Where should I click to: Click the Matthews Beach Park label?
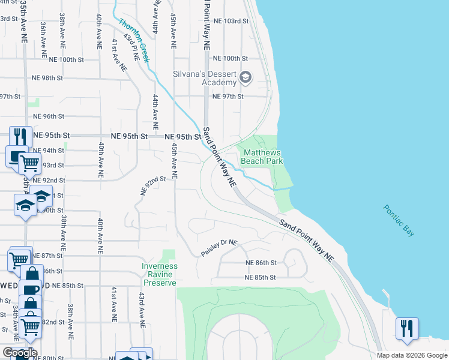261,157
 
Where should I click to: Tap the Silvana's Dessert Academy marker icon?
246,77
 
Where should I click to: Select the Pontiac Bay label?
399,220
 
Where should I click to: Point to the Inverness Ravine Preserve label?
160,274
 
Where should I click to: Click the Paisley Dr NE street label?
219,248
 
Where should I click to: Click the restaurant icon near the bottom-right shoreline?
407,328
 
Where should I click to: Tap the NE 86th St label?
261,263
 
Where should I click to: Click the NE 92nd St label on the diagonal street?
152,185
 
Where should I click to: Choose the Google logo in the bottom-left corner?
20,353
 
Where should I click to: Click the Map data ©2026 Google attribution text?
412,355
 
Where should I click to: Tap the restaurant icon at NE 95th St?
20,136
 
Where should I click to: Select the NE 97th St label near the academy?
228,97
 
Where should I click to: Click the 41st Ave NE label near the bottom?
113,306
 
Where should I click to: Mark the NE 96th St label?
48,116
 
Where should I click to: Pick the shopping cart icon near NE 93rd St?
29,162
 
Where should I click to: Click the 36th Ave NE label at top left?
43,36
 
